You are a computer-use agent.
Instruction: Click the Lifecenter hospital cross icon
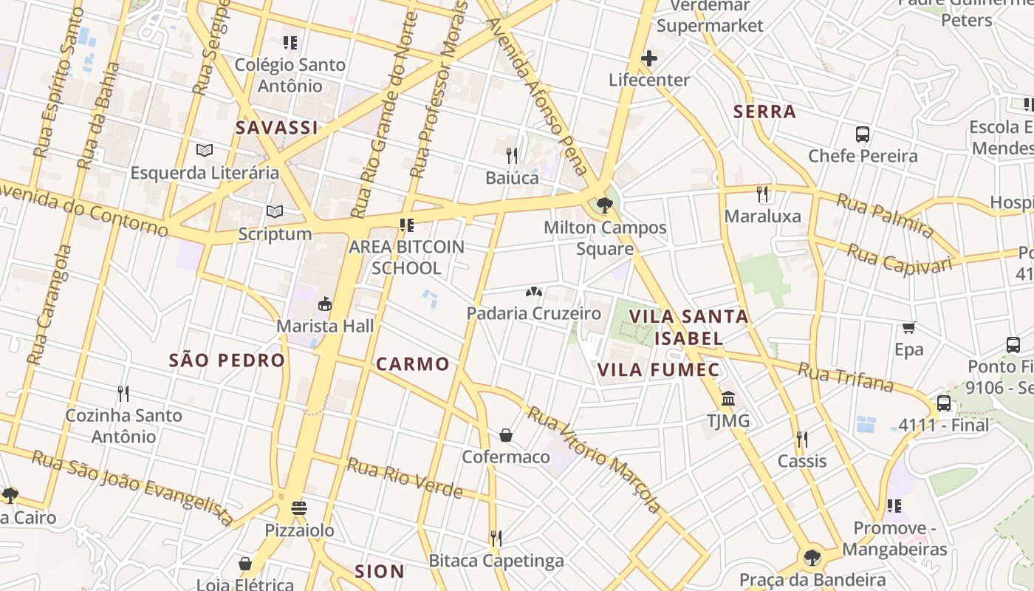coord(648,58)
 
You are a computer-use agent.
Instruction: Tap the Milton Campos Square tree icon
coord(605,205)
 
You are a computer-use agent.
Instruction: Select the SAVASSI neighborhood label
coord(277,128)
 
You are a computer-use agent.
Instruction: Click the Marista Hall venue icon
coord(324,304)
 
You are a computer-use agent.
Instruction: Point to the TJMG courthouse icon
coord(728,399)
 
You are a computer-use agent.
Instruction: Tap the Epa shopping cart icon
coord(908,327)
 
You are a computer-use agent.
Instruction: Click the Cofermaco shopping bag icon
coord(506,434)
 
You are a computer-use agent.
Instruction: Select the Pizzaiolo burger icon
coord(299,508)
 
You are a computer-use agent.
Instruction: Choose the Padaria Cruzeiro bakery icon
coord(533,292)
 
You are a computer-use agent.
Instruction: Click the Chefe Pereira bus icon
coord(862,134)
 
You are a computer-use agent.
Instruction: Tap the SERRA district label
coord(764,112)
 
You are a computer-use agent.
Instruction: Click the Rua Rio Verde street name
coord(405,479)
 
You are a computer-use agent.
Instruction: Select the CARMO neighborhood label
coord(412,363)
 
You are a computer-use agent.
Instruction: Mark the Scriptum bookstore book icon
coord(275,212)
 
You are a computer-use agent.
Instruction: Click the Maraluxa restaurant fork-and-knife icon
coord(762,194)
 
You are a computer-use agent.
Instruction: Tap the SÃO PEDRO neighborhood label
coord(227,361)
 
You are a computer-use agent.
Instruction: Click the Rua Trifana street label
coord(846,377)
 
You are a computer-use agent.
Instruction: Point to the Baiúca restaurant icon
coord(511,155)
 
